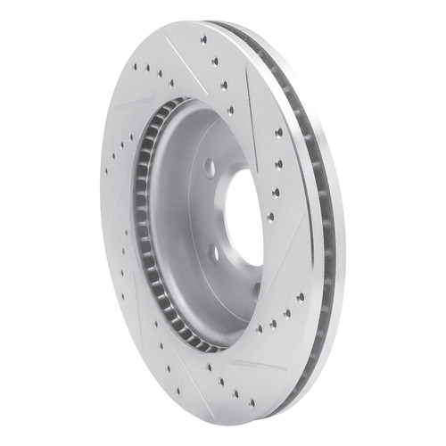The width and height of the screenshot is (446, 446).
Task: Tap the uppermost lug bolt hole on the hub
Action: click(x=209, y=169)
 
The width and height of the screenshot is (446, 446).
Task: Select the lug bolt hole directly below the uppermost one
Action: click(x=212, y=253)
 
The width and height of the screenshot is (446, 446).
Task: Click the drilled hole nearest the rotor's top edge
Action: click(x=203, y=39)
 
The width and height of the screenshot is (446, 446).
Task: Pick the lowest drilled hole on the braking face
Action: click(x=252, y=403)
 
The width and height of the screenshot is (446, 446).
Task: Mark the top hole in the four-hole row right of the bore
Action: click(x=277, y=133)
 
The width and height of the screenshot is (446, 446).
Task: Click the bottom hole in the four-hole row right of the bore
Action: click(x=270, y=216)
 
